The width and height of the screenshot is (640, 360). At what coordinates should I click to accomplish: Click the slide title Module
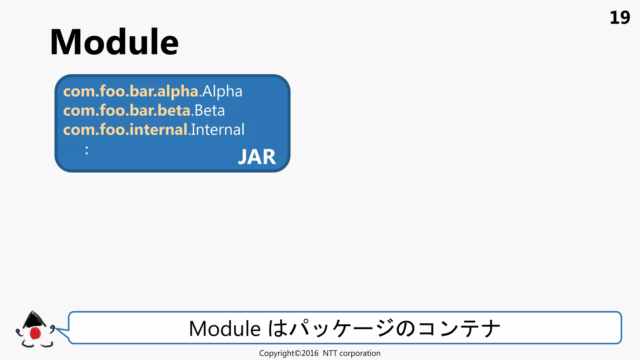[x=114, y=42]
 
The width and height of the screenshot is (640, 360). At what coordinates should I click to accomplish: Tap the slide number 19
[x=619, y=18]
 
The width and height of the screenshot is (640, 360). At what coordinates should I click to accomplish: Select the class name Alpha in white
[x=222, y=92]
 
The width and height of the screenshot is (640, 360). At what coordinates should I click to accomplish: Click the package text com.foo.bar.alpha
[x=131, y=92]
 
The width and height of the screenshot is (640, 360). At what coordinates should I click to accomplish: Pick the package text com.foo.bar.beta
[x=127, y=111]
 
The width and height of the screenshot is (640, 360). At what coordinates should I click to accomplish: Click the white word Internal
[x=218, y=130]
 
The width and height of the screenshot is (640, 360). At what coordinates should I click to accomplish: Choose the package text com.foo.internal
[x=125, y=130]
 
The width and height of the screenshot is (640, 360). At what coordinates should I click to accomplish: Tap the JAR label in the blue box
[x=257, y=157]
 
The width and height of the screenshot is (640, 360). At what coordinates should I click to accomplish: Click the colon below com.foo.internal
[x=87, y=150]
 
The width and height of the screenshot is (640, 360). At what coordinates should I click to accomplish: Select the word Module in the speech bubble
[x=225, y=329]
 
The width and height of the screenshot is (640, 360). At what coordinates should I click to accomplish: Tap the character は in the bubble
[x=278, y=329]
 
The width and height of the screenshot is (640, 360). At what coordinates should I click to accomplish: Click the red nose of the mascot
[x=35, y=333]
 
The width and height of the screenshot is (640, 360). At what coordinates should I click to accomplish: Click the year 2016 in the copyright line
[x=310, y=353]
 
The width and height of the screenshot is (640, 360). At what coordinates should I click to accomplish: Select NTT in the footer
[x=330, y=353]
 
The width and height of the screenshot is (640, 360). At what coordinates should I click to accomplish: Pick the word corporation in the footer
[x=360, y=353]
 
